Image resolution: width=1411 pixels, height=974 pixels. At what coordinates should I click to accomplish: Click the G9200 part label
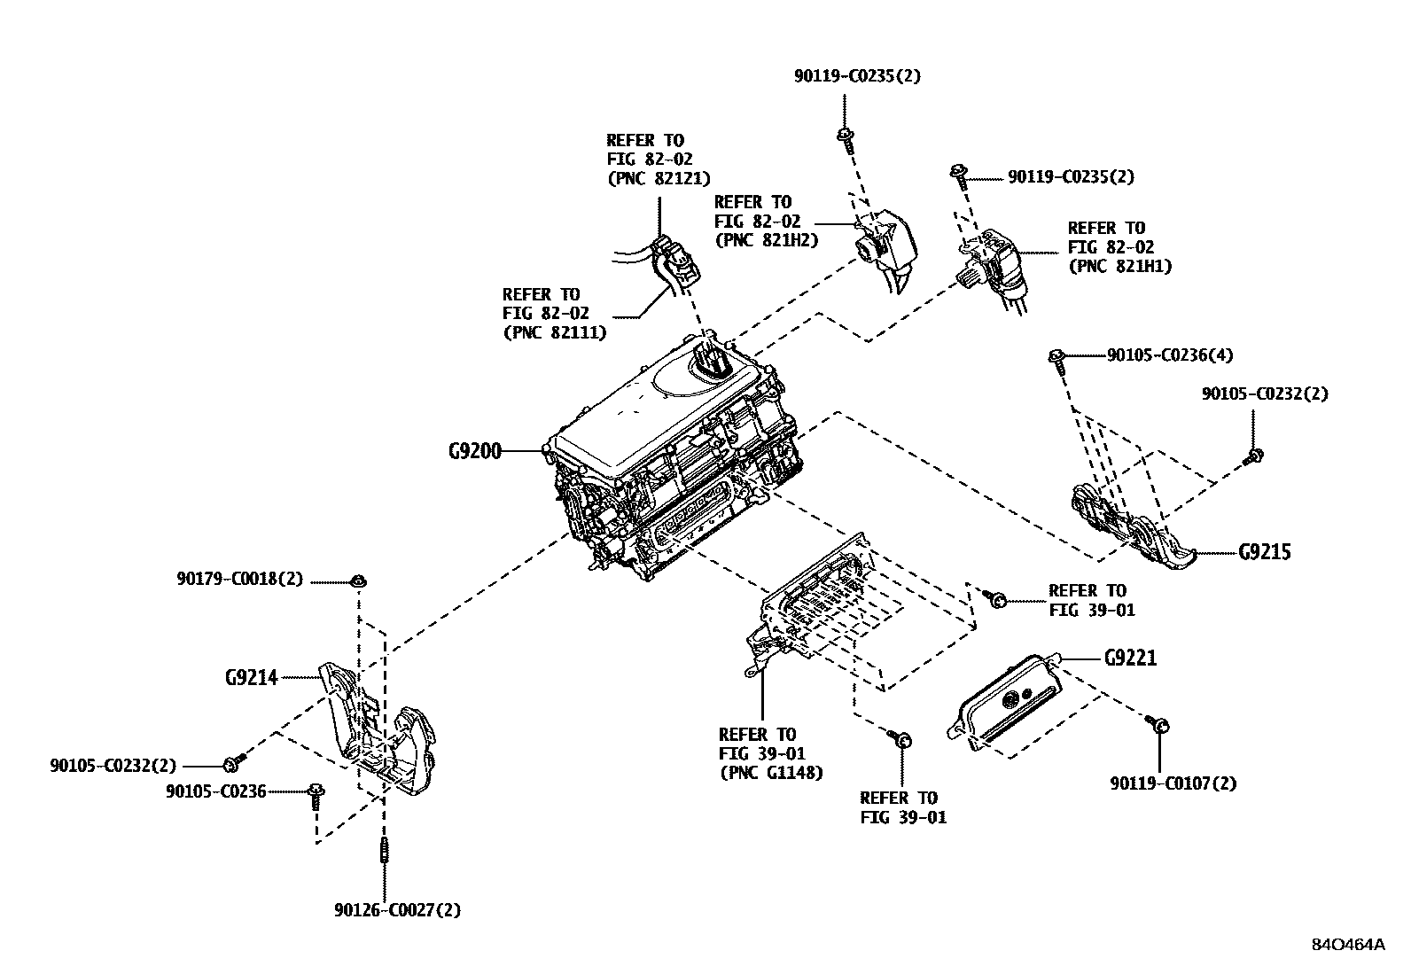click(474, 451)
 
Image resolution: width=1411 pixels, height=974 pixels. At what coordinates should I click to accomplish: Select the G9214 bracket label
click(251, 678)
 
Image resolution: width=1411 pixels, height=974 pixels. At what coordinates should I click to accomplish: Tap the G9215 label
click(1265, 552)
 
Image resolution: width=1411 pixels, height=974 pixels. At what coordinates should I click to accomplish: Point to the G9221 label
click(1130, 658)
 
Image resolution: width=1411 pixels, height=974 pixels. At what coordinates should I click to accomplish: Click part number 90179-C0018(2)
click(239, 580)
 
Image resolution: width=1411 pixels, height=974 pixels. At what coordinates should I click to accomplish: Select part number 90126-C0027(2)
click(398, 910)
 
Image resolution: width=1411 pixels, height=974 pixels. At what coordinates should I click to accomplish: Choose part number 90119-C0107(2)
click(1173, 783)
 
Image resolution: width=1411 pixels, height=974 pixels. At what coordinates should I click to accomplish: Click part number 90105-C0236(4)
click(1170, 355)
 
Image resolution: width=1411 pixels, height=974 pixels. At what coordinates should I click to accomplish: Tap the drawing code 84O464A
click(1347, 944)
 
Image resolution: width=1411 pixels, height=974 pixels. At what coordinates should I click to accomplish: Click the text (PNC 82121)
click(659, 178)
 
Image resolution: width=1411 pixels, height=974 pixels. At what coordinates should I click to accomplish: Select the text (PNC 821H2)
click(766, 240)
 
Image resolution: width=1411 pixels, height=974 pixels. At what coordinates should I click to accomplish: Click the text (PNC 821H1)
click(1119, 266)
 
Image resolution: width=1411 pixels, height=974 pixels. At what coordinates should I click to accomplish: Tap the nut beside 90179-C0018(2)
click(359, 581)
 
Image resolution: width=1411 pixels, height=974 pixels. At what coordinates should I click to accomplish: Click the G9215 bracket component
click(1134, 526)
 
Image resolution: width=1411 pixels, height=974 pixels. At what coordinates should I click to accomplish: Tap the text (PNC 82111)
click(555, 333)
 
